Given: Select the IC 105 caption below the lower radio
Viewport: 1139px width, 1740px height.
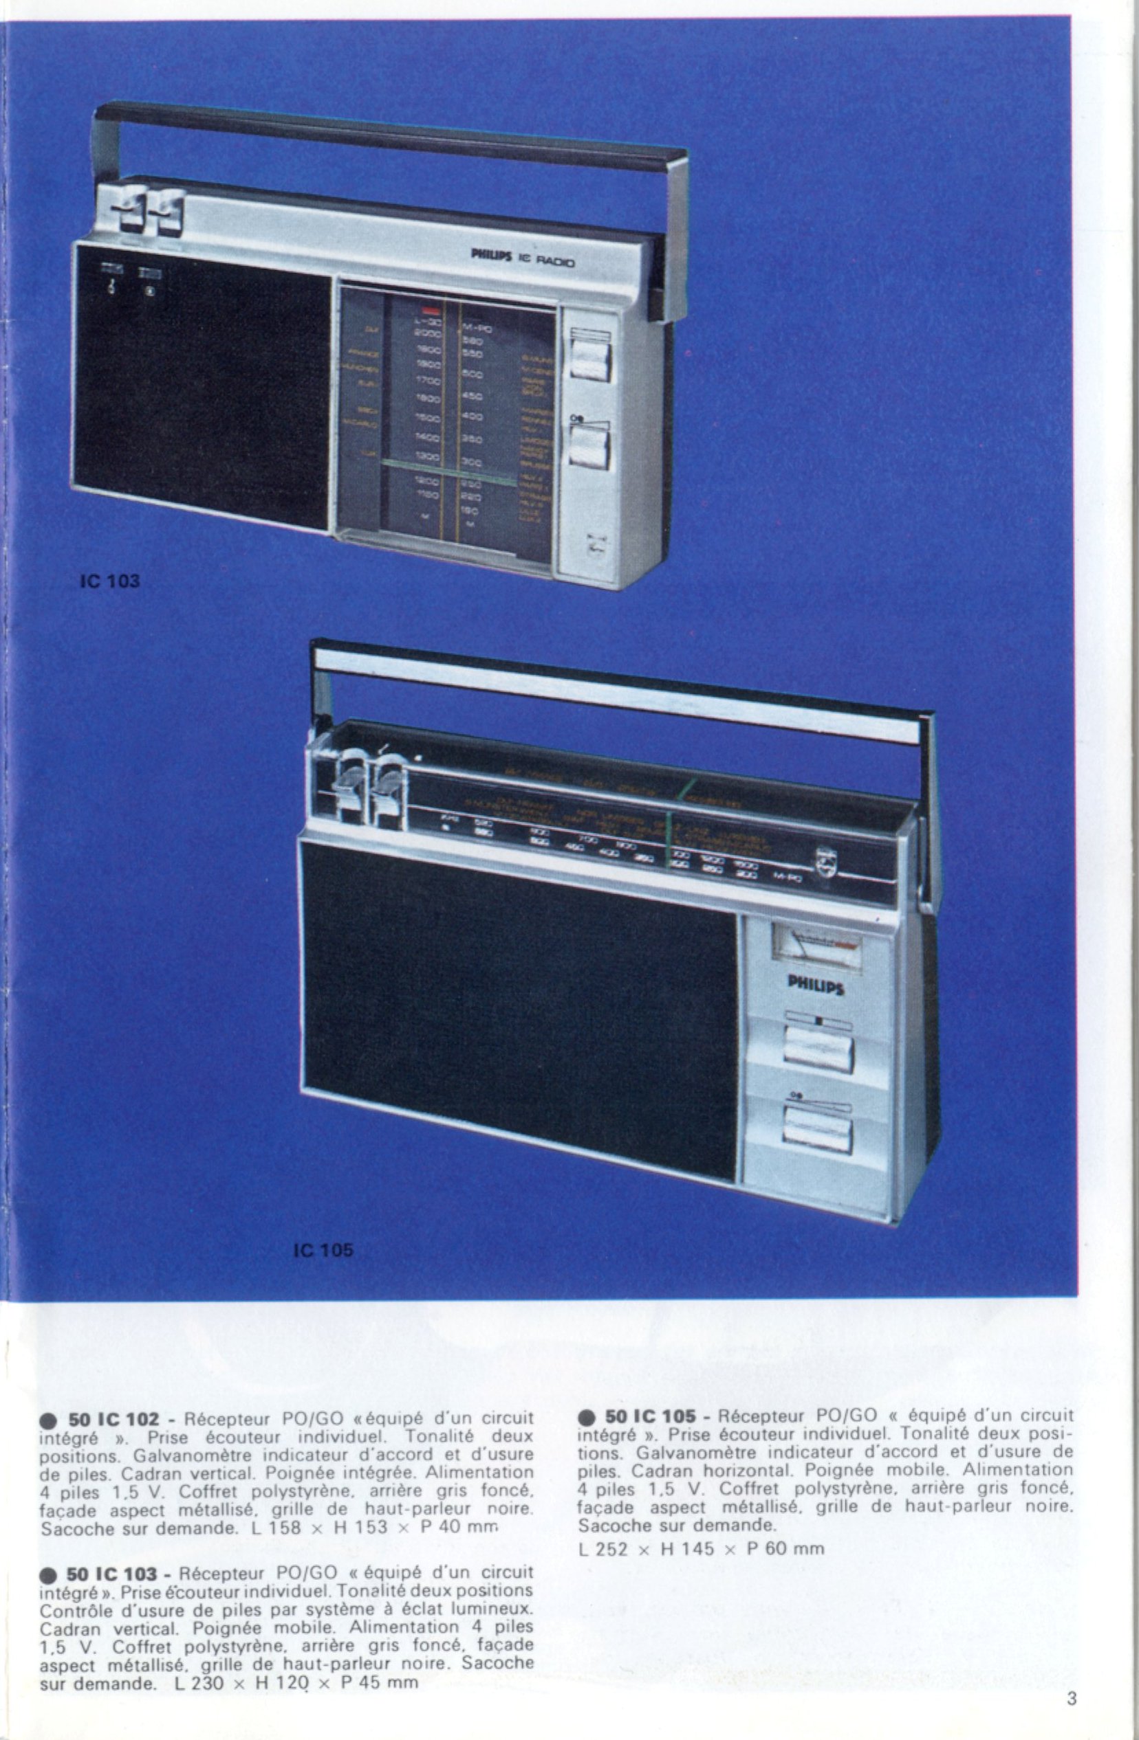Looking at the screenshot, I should pyautogui.click(x=323, y=1249).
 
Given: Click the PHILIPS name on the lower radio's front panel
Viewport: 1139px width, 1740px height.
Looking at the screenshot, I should pyautogui.click(x=816, y=986).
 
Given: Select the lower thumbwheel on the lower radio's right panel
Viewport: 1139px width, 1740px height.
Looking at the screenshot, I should pyautogui.click(x=817, y=1126).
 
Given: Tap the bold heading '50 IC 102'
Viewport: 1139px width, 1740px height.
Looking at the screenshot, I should pyautogui.click(x=113, y=1419).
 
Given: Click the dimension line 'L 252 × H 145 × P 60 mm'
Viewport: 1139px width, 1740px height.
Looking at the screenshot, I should pyautogui.click(x=701, y=1548).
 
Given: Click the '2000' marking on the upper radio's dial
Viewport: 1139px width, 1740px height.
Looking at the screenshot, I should pyautogui.click(x=426, y=333).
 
